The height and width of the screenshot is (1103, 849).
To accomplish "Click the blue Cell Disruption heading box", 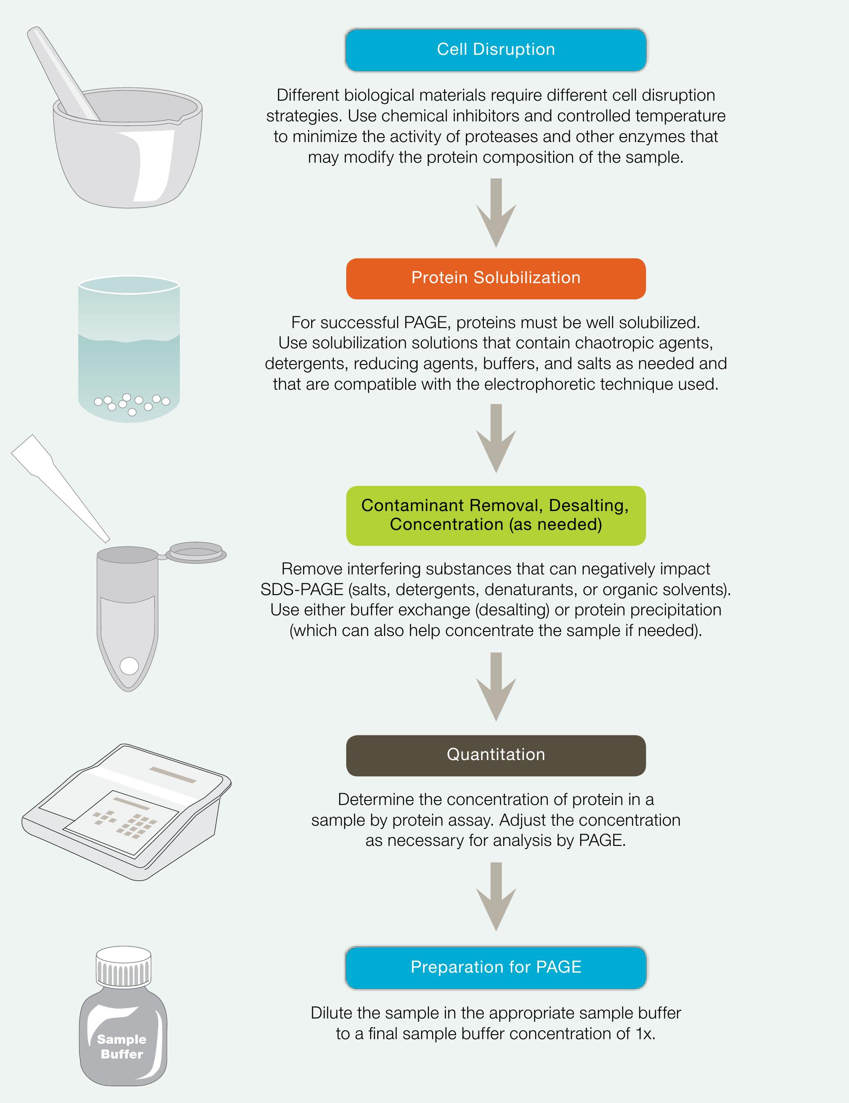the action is pyautogui.click(x=496, y=49).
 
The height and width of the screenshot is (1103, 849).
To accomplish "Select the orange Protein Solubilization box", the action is pyautogui.click(x=496, y=279).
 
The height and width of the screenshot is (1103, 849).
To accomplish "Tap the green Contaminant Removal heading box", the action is pyautogui.click(x=496, y=516).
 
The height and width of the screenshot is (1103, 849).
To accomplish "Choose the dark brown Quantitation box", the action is pyautogui.click(x=496, y=756).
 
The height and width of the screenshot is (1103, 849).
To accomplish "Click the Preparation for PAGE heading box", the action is pyautogui.click(x=496, y=968).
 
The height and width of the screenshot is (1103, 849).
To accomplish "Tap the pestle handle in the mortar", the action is pyautogui.click(x=63, y=73).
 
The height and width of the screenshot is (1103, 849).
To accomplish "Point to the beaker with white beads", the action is pyautogui.click(x=129, y=349).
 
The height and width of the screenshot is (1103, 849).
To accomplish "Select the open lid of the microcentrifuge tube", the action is pyautogui.click(x=196, y=552).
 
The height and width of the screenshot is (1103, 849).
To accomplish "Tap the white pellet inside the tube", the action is pyautogui.click(x=130, y=666).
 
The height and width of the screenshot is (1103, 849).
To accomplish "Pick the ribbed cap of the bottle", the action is pyautogui.click(x=124, y=967).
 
